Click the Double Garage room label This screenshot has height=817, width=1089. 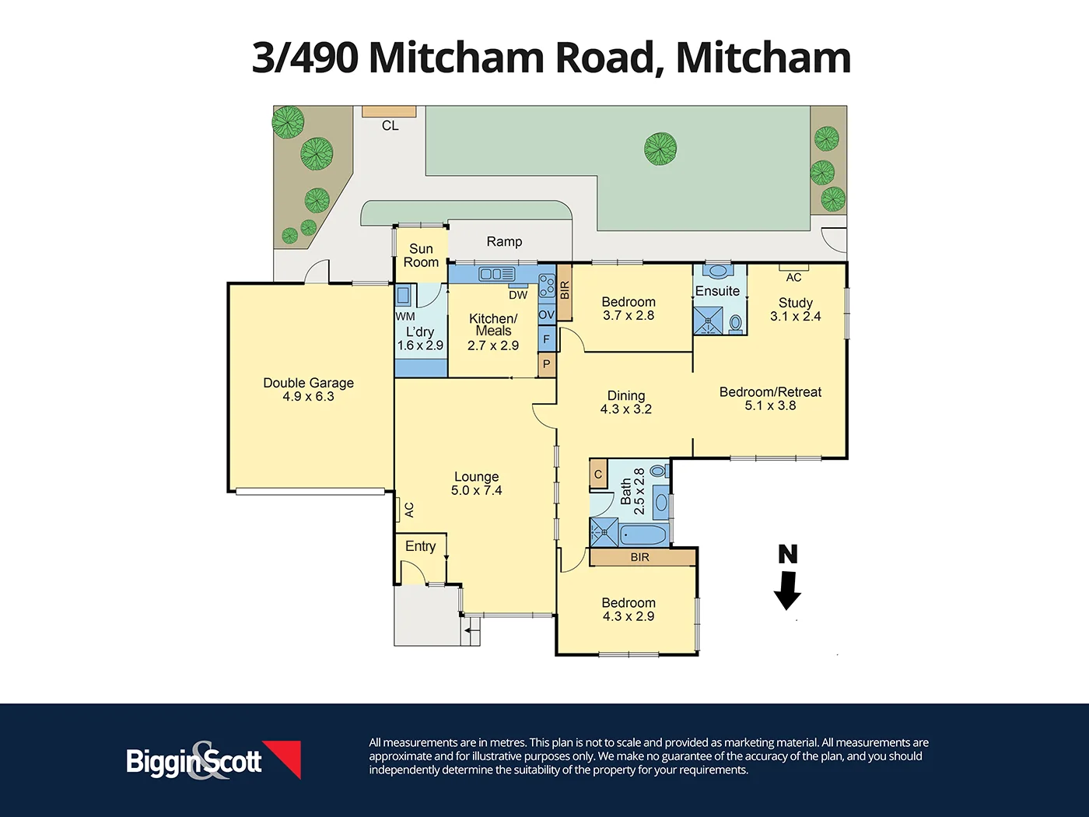tap(308, 389)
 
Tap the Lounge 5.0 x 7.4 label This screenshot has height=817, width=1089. tap(476, 483)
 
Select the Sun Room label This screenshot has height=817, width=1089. tap(421, 255)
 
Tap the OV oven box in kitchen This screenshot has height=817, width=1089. tap(546, 315)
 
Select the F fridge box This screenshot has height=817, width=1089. tap(546, 339)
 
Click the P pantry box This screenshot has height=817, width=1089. tap(546, 364)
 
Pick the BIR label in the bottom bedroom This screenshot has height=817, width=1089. tap(640, 557)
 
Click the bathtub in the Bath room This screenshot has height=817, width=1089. tap(643, 535)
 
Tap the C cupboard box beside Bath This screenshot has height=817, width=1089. tap(598, 474)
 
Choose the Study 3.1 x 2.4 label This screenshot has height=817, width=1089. tap(795, 309)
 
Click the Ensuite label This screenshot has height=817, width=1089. tap(717, 291)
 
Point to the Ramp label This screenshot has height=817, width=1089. tap(504, 241)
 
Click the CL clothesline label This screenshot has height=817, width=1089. tap(390, 125)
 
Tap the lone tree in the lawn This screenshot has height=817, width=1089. tap(660, 149)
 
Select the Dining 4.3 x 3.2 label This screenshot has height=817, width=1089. tap(625, 402)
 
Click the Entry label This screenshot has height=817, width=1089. tap(420, 546)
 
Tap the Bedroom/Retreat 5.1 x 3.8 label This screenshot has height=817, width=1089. tap(770, 398)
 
